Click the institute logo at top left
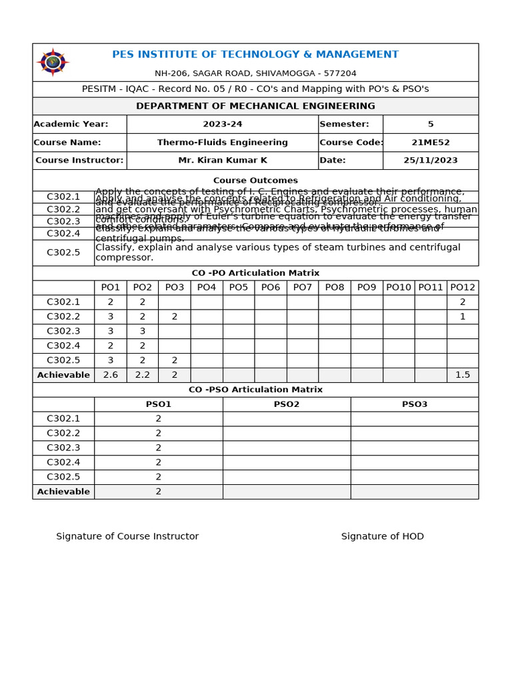pos(53,63)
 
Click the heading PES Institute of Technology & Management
pos(255,55)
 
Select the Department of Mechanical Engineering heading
pos(255,106)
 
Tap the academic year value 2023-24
pos(223,124)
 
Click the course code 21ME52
pos(430,143)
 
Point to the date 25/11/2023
pos(430,161)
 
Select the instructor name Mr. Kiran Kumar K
pos(223,161)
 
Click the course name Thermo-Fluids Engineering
pos(223,143)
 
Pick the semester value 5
pos(430,124)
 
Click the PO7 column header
pos(303,288)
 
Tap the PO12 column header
pos(463,288)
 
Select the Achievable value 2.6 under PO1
pos(111,375)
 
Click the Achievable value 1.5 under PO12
pos(463,375)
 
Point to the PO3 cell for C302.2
pos(175,317)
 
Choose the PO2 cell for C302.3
pos(143,332)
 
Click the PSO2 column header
pos(287,404)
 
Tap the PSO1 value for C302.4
pos(159,462)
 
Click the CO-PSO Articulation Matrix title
pos(255,390)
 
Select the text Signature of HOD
pos(383,537)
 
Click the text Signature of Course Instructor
pos(127,537)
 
